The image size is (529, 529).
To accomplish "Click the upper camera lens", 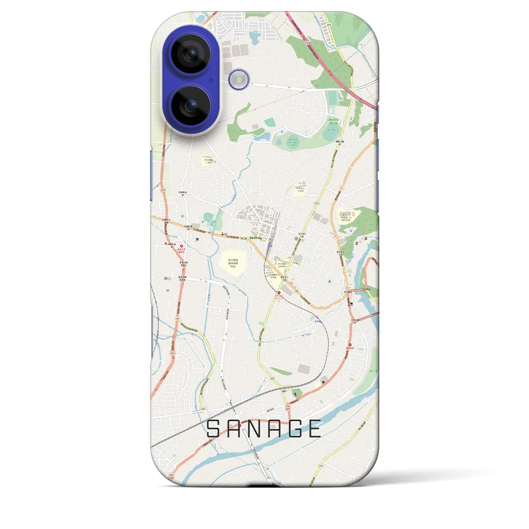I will point(191,54).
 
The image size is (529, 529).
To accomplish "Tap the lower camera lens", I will point(191,106).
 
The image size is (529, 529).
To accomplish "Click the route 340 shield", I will point(320,466).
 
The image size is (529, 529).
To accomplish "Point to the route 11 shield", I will point(342,188).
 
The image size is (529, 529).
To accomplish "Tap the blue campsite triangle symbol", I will point(329,281).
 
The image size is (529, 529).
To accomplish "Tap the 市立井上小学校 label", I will point(300,190).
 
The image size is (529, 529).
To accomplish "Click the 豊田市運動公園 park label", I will point(334,121).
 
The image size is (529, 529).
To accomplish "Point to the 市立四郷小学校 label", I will point(207,160).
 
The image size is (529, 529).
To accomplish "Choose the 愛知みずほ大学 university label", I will point(346,217).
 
